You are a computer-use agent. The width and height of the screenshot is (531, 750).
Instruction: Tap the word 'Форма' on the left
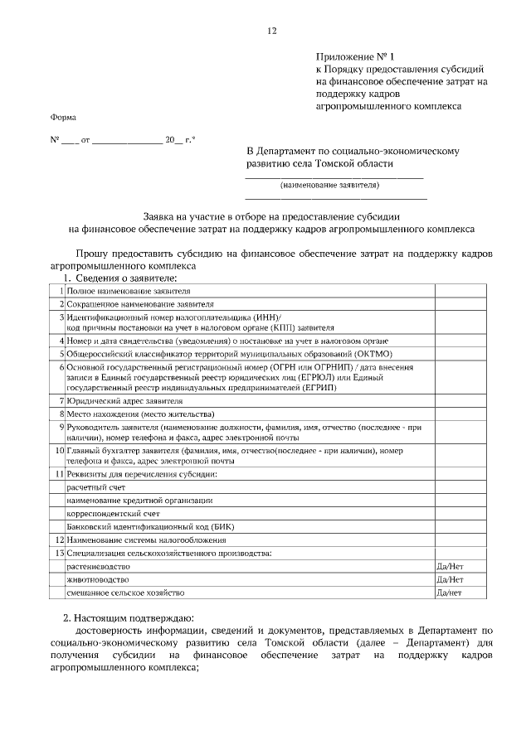[63, 118]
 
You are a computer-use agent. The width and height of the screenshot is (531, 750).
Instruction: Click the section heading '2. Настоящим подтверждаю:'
[129, 618]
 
